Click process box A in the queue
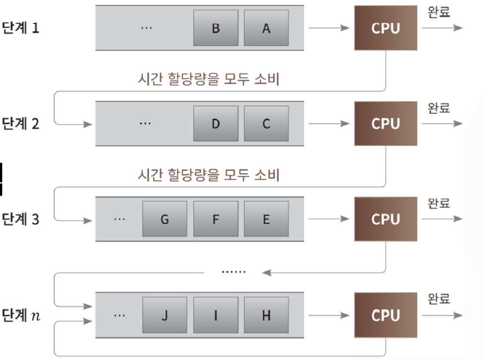click(x=265, y=28)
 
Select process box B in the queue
click(x=215, y=28)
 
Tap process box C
click(x=265, y=123)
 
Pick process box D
click(x=215, y=123)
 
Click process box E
click(x=265, y=219)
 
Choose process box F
click(x=215, y=219)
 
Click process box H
click(x=265, y=315)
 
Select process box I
click(x=215, y=315)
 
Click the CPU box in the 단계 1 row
click(x=386, y=28)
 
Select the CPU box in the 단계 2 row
click(x=386, y=123)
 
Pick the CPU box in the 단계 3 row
click(x=386, y=219)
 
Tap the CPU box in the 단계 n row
click(x=386, y=315)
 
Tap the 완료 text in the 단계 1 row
click(x=439, y=13)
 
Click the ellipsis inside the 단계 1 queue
click(x=146, y=28)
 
